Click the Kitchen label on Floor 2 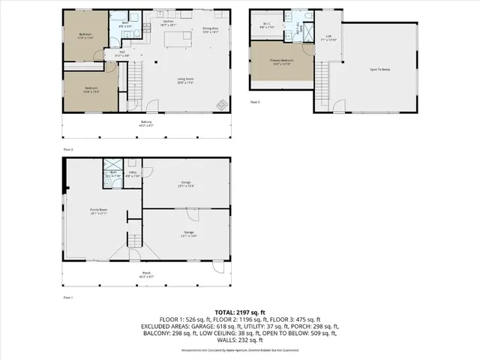pyautogui.click(x=169, y=22)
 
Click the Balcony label pyautogui.click(x=146, y=123)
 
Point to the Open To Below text pyautogui.click(x=380, y=69)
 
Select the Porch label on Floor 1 pyautogui.click(x=146, y=274)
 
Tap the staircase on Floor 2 pyautogui.click(x=136, y=75)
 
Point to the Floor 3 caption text pyautogui.click(x=254, y=101)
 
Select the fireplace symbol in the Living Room pyautogui.click(x=220, y=105)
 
